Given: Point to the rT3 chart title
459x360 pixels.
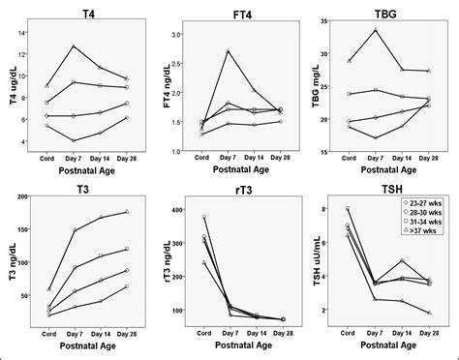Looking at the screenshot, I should (x=239, y=187).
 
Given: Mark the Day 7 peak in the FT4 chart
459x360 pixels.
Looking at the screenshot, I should (x=228, y=51).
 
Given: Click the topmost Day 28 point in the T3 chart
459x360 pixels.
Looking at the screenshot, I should (x=127, y=212).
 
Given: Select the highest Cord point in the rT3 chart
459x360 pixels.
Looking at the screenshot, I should (x=202, y=217).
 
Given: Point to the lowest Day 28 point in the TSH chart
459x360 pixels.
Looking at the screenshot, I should (x=428, y=313).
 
